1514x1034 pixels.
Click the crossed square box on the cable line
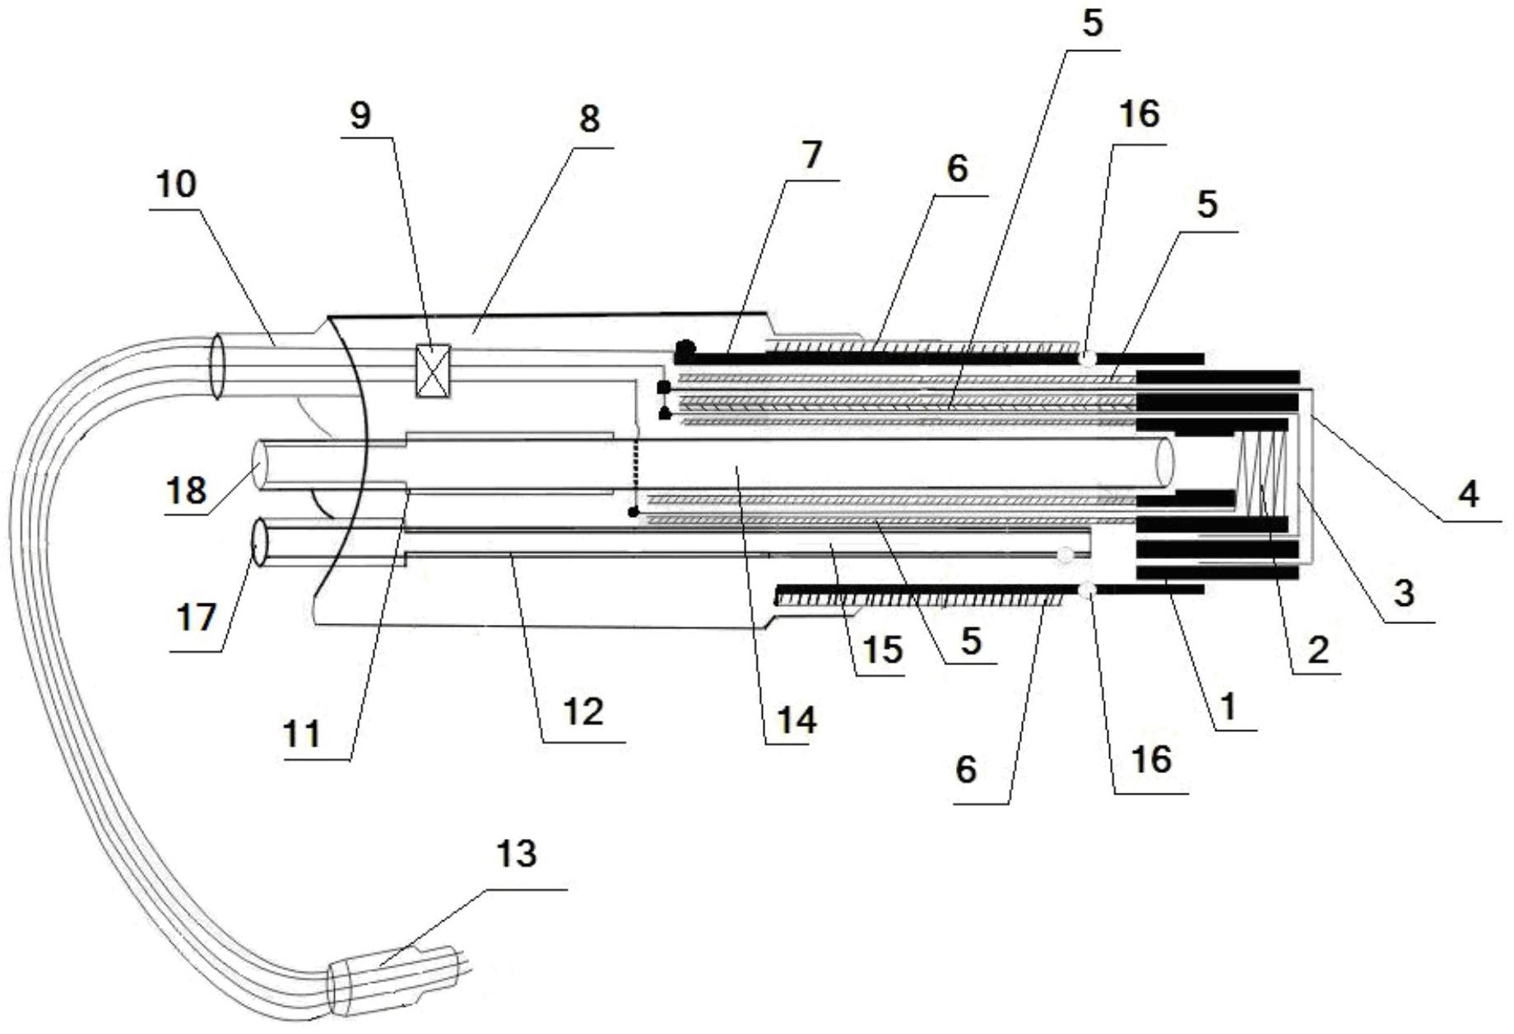[x=433, y=371]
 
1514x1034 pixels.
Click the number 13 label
[x=516, y=854]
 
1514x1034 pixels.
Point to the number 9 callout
[x=360, y=116]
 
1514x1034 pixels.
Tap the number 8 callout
[x=589, y=120]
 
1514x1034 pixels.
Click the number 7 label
[x=811, y=155]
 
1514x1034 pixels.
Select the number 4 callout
[x=1467, y=493]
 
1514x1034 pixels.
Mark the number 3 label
[x=1403, y=592]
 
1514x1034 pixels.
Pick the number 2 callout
[x=1317, y=650]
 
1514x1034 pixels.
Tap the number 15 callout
[x=883, y=650]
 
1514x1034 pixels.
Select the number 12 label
[x=583, y=711]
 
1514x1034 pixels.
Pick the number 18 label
[x=187, y=490]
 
